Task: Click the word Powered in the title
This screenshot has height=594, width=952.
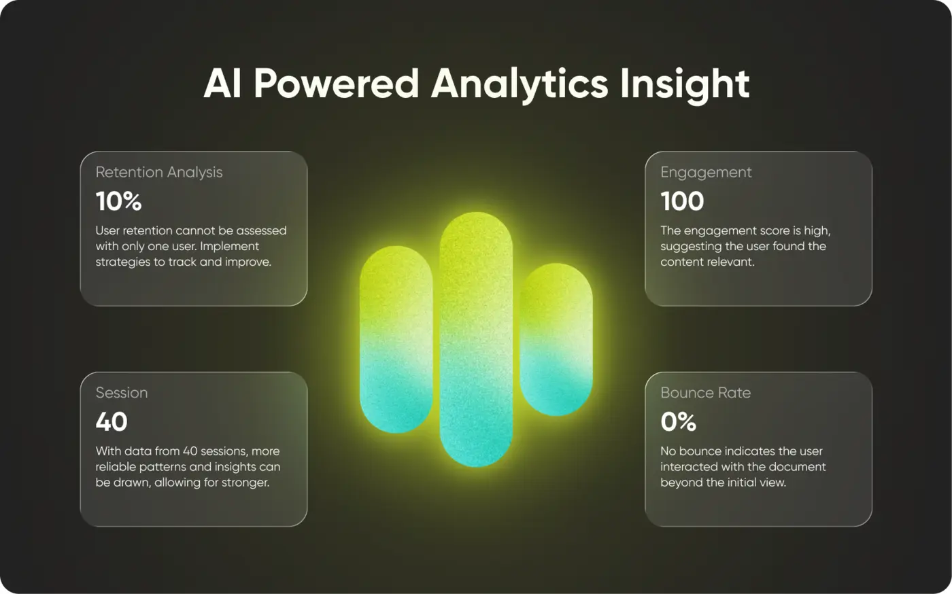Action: coord(337,84)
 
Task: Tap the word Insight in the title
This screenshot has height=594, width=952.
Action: coord(685,85)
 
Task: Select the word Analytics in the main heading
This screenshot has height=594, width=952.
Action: coord(520,85)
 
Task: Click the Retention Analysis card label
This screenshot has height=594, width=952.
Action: coord(159,173)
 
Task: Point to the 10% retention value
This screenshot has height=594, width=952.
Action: coord(118,201)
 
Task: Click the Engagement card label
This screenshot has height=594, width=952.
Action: coord(706,173)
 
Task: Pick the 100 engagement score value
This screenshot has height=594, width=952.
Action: coord(682,201)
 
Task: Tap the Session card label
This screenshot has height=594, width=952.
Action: coord(122,393)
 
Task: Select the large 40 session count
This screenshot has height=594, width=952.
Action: coord(112,421)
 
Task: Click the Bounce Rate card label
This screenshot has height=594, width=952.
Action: coord(706,393)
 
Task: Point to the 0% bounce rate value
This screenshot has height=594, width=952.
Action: coord(679,421)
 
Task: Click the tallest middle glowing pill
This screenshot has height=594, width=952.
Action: coord(476,340)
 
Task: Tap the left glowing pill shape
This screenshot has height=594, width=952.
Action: coord(396,340)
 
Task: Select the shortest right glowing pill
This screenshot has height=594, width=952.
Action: coord(556,340)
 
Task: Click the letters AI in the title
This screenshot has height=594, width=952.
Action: coord(223,84)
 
